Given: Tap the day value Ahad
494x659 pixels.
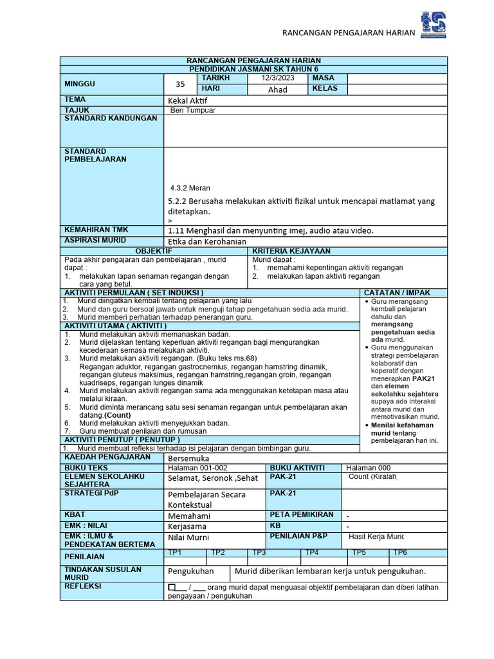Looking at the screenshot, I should tap(277, 89).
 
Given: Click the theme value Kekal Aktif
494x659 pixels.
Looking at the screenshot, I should tap(188, 101).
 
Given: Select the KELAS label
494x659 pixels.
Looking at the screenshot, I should tap(325, 89).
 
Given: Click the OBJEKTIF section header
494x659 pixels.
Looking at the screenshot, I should tap(153, 250).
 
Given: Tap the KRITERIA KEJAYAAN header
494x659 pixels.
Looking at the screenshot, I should tap(291, 250).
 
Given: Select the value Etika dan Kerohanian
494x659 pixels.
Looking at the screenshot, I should tap(208, 241).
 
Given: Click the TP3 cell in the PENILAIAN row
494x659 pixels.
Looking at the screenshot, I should tap(259, 552).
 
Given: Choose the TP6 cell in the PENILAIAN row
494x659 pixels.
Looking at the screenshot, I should tap(400, 552).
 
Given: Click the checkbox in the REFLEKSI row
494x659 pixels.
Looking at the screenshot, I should tap(172, 588).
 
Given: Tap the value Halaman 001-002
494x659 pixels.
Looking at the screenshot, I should tap(197, 467).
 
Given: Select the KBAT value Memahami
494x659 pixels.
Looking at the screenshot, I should tap(189, 515).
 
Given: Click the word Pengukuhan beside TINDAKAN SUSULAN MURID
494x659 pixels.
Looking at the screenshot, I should tap(190, 571).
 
